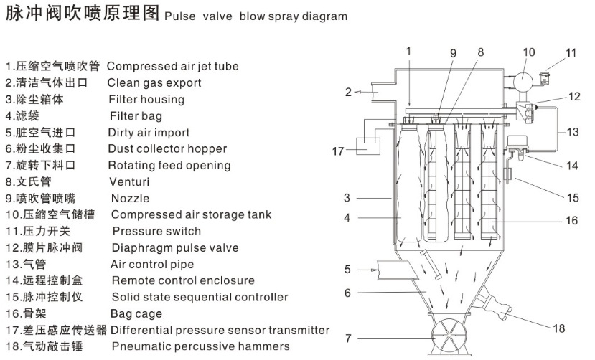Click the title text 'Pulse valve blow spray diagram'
point(256,16)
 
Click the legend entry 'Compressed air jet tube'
point(172,66)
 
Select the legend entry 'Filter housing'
point(146,99)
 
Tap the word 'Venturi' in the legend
point(129,181)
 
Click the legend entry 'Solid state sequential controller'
point(200,297)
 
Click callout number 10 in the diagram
point(529,52)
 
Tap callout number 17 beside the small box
point(339,151)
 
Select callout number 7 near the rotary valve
point(348,338)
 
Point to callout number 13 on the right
point(572,132)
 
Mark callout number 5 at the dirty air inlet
point(347,270)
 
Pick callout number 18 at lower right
point(559,328)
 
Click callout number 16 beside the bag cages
point(571,221)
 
